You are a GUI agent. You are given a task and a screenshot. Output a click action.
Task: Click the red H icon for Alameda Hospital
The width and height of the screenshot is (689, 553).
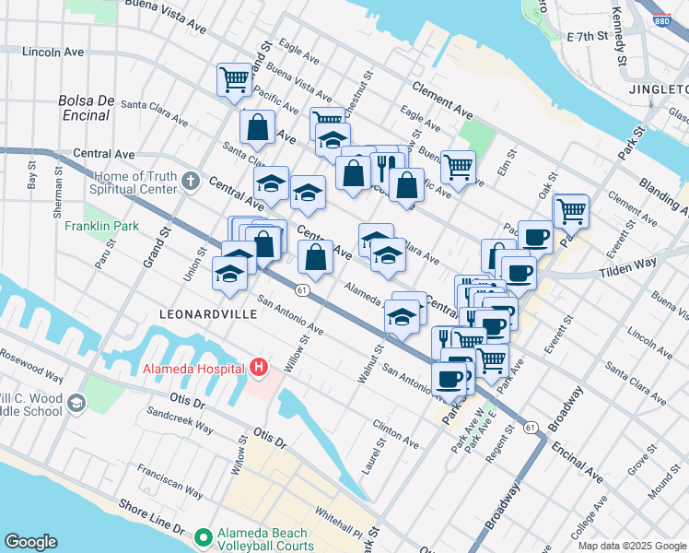(x=259, y=369)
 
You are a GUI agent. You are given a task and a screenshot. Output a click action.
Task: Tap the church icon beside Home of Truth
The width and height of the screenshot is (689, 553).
(x=191, y=181)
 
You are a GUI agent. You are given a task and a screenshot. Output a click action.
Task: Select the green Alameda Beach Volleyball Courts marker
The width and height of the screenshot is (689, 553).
(x=203, y=535)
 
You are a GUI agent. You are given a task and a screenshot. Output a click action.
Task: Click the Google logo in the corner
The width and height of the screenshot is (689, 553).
(x=30, y=542)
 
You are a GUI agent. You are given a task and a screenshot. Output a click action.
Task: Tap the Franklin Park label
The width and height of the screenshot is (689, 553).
(x=94, y=224)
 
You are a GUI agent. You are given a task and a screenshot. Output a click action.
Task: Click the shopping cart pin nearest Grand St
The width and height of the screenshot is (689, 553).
(x=235, y=79)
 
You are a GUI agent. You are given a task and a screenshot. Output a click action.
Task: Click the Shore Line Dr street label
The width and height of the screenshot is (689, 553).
(x=149, y=519)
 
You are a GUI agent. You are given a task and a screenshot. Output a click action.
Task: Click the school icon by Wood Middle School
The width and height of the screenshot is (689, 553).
(x=76, y=403)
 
